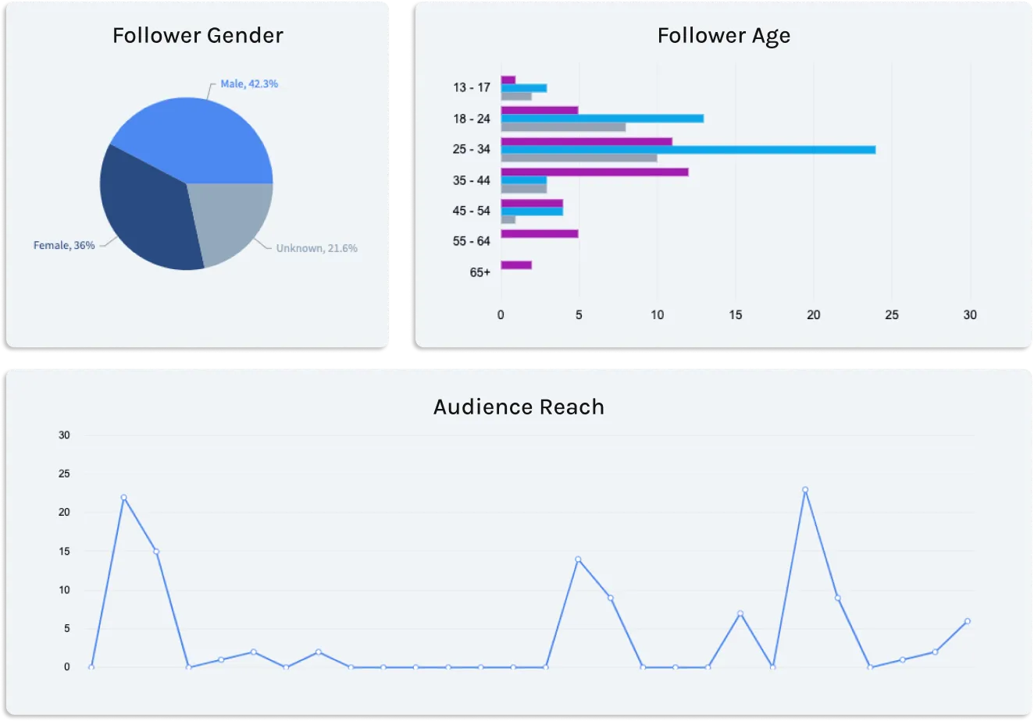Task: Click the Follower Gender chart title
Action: (x=198, y=36)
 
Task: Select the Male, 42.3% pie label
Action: (x=249, y=84)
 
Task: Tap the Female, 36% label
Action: (x=64, y=246)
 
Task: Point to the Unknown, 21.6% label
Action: (x=316, y=248)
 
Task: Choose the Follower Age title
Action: (x=724, y=36)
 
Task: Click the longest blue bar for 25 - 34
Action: (x=688, y=150)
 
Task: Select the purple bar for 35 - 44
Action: (x=594, y=172)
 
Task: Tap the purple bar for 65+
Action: (x=516, y=265)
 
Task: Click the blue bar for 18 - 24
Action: (x=602, y=119)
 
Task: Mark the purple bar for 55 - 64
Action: (x=540, y=234)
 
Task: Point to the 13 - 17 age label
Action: (x=471, y=87)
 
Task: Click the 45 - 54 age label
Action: (x=471, y=211)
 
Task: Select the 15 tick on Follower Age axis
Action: (x=736, y=315)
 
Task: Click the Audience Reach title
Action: (x=519, y=407)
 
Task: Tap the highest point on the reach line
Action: (x=805, y=490)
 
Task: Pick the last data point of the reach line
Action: (x=968, y=621)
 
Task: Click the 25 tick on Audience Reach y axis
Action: (x=64, y=474)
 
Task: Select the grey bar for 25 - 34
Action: (x=579, y=158)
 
